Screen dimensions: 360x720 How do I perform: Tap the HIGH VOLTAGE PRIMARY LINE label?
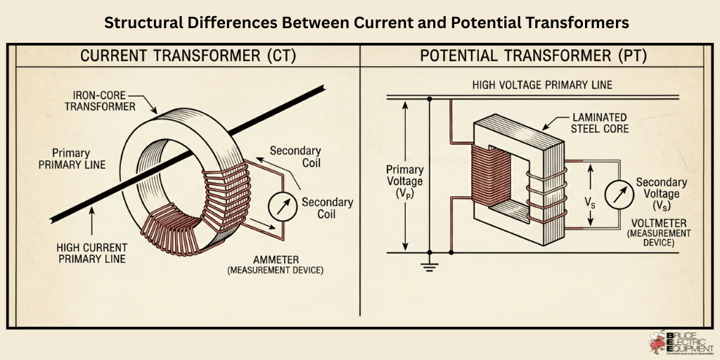[x=542, y=85]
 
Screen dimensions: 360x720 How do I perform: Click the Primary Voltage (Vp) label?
[x=405, y=181]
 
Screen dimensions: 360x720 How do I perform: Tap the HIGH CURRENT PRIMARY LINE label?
[x=92, y=253]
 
